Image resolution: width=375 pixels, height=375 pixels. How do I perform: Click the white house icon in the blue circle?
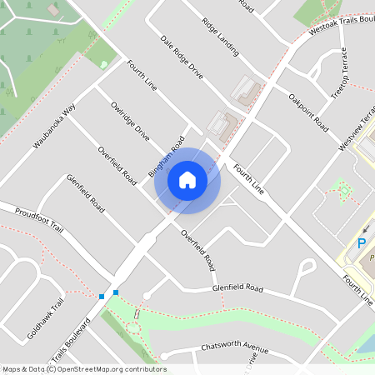[187, 179]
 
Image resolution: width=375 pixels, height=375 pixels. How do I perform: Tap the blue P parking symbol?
[362, 243]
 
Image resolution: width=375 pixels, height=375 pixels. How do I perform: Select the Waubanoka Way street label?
[55, 126]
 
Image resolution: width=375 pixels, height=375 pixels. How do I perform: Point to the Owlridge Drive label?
[130, 121]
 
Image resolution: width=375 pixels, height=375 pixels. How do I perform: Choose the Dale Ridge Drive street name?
[182, 57]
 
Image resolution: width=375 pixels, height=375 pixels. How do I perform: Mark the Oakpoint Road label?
[307, 111]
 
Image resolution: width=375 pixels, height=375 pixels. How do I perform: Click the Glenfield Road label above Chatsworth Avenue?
[237, 289]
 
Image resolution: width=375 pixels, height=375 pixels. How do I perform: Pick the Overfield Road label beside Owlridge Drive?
[117, 165]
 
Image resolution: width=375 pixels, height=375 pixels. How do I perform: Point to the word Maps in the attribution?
[12, 369]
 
